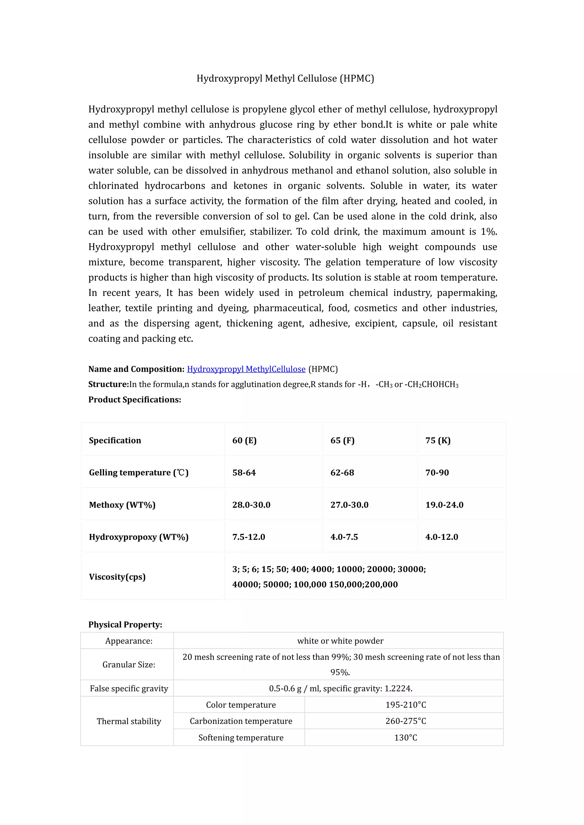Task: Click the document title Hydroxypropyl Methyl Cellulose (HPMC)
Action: tap(285, 78)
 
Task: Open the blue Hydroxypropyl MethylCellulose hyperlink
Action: tap(246, 369)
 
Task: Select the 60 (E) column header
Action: tap(245, 440)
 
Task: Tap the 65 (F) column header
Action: tap(342, 440)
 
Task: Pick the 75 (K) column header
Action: tap(438, 440)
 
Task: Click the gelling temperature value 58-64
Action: tap(244, 473)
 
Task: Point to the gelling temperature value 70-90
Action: tap(437, 473)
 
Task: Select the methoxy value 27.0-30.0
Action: tap(349, 505)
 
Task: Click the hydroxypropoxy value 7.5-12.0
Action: tap(248, 537)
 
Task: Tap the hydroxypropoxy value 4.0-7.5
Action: tap(344, 537)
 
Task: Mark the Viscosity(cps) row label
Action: tap(117, 577)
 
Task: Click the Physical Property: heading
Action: tap(125, 624)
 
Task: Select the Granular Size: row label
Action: tap(129, 665)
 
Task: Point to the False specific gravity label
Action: tap(129, 689)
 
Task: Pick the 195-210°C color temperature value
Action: tap(406, 705)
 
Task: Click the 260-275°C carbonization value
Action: tap(406, 721)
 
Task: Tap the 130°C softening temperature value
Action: tap(406, 738)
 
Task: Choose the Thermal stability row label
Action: tap(129, 721)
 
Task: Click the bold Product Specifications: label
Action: tap(135, 400)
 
